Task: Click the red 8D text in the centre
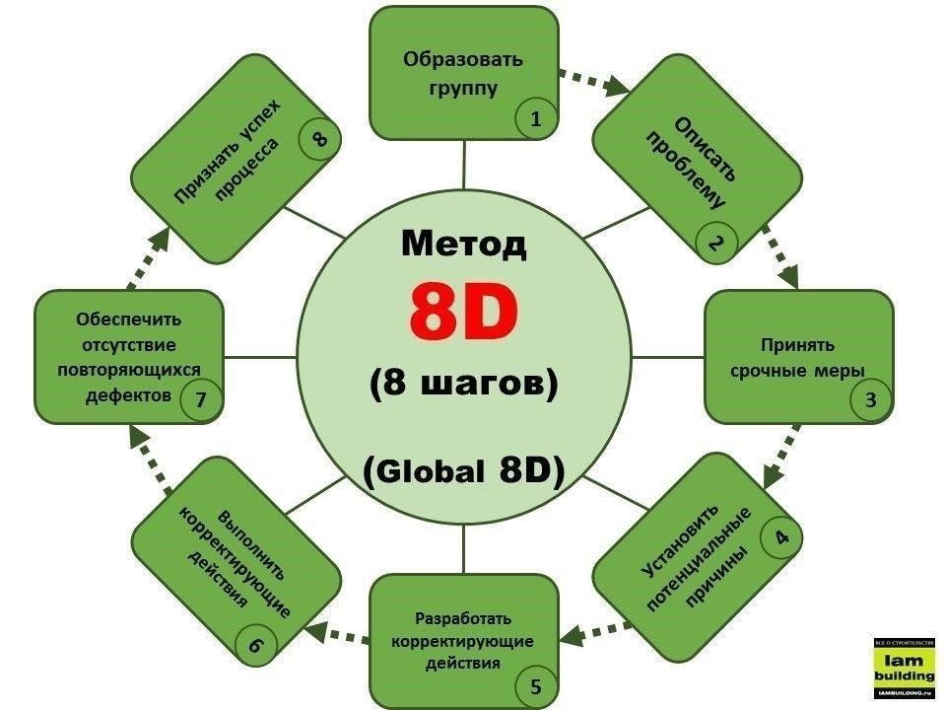[x=463, y=312]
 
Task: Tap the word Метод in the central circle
[x=463, y=244]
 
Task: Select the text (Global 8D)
[x=463, y=470]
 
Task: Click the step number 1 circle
[x=536, y=118]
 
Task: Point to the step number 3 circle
[x=870, y=399]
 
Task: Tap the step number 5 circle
[x=536, y=686]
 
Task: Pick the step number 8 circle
[x=320, y=138]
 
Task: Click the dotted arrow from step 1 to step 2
[x=593, y=82]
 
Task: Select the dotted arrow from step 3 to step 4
[x=781, y=456]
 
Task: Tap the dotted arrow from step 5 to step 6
[x=338, y=634]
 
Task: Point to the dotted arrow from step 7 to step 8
[x=149, y=258]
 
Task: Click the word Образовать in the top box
[x=463, y=60]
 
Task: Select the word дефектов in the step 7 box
[x=128, y=395]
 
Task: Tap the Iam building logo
[x=905, y=669]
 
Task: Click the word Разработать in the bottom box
[x=463, y=618]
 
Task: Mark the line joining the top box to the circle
[x=463, y=165]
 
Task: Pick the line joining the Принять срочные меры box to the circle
[x=668, y=357]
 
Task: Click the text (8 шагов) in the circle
[x=463, y=383]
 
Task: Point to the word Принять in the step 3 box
[x=797, y=344]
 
